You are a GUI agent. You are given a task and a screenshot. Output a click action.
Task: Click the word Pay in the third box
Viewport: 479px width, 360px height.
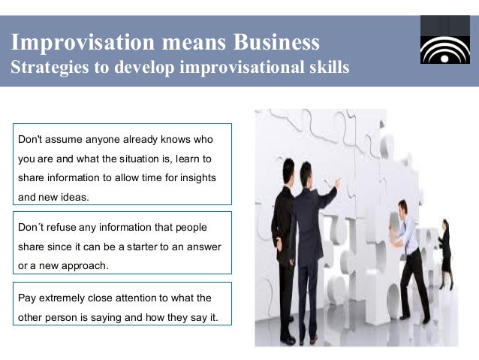click(26, 298)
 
